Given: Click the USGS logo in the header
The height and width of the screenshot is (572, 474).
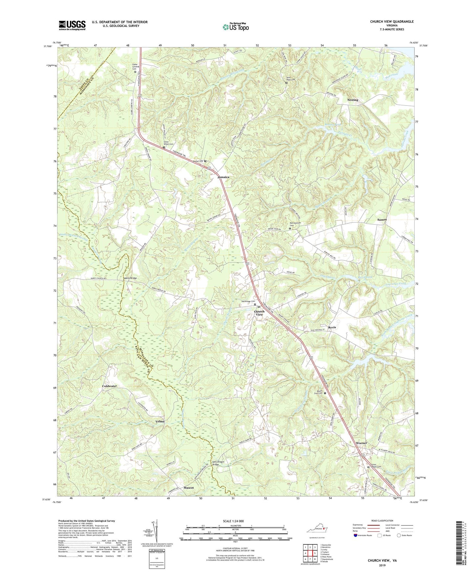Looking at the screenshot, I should pos(72,25).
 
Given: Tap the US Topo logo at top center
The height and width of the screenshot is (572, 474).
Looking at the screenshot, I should pos(235,27).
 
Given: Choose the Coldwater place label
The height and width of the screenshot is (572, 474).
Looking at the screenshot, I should pos(109,386).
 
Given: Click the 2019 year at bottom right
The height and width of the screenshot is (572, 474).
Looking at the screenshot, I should pos(381,565).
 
